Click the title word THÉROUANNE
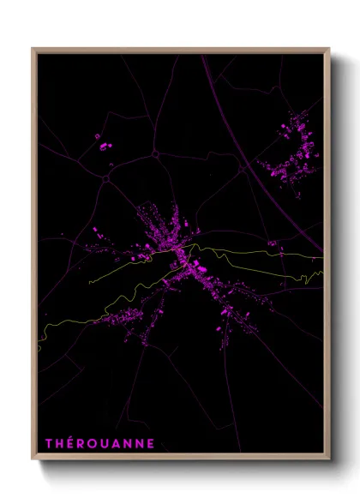point(99,443)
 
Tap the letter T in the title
point(49,443)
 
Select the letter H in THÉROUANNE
point(60,443)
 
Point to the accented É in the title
point(71,443)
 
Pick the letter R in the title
point(82,443)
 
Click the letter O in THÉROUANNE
point(94,443)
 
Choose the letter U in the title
point(107,443)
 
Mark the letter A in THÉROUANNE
point(119,443)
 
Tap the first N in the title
point(131,443)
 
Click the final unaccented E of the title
point(152,443)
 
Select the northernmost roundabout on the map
point(156,153)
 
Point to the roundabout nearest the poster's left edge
point(105,178)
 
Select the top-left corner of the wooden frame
point(33,49)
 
